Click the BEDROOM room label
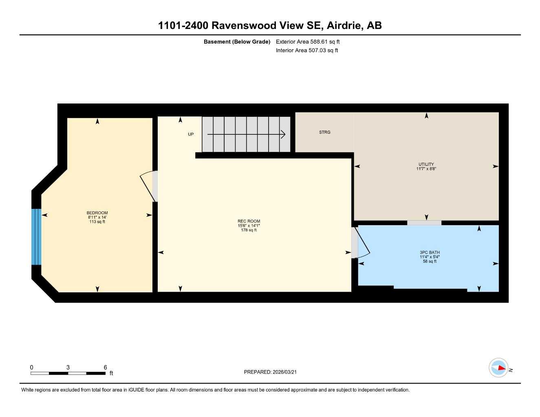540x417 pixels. [x=97, y=213]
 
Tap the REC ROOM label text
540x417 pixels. [x=249, y=222]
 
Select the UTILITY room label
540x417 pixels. [x=426, y=165]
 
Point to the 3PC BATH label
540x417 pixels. [x=430, y=252]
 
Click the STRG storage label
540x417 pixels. [x=324, y=132]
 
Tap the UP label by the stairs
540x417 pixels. [x=191, y=134]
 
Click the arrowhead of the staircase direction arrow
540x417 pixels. [x=283, y=134]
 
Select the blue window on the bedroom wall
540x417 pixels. [x=36, y=237]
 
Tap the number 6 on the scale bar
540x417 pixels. [x=105, y=367]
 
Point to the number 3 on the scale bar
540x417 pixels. [x=68, y=367]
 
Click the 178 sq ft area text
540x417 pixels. [x=249, y=230]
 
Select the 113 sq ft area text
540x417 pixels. [x=97, y=222]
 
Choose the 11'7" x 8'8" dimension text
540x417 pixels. [x=426, y=169]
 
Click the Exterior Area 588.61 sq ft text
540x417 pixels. [x=308, y=42]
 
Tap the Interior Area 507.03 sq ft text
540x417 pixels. [x=307, y=50]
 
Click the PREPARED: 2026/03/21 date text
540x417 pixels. [x=270, y=372]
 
